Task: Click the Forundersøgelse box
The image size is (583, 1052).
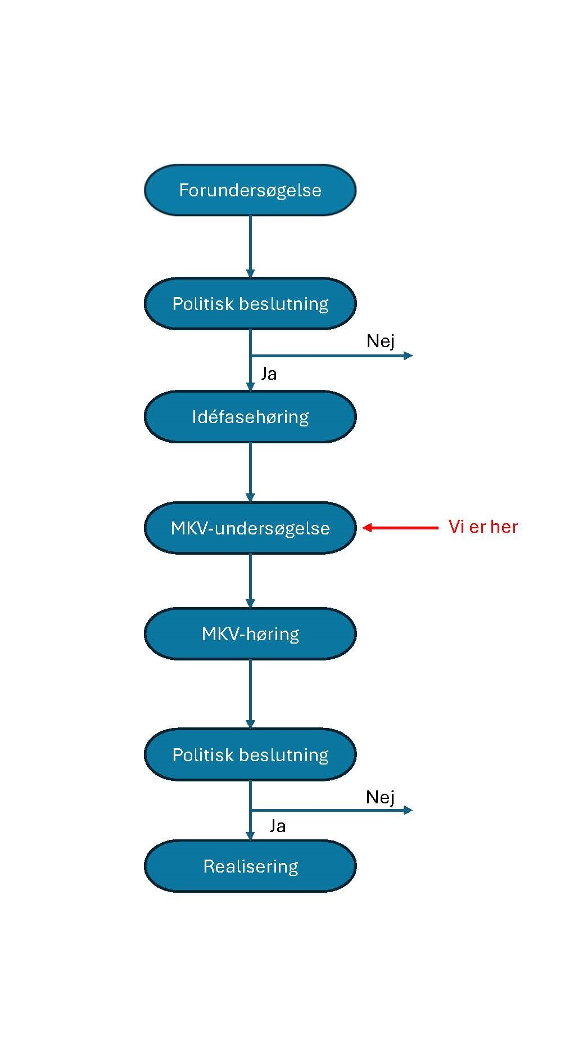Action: click(x=250, y=190)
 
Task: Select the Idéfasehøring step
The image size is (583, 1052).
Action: click(x=250, y=417)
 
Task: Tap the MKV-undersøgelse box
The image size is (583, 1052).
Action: click(x=250, y=528)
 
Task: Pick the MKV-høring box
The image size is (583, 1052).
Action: click(x=250, y=634)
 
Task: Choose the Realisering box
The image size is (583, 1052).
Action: click(x=250, y=866)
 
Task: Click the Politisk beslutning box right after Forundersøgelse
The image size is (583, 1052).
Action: click(x=250, y=304)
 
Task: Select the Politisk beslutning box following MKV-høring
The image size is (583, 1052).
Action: click(x=250, y=755)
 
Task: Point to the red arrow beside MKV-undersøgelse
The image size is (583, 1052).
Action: click(x=400, y=528)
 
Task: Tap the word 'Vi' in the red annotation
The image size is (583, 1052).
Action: click(x=456, y=527)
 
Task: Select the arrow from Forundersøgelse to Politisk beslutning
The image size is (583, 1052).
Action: click(x=250, y=246)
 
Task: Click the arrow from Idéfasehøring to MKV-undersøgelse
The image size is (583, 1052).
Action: click(x=250, y=472)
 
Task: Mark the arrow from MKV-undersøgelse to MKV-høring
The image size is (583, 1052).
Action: click(x=250, y=581)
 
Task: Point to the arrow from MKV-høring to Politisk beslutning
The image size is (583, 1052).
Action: click(x=250, y=694)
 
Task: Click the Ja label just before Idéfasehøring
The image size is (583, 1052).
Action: click(x=269, y=374)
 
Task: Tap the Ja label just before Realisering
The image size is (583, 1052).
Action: click(x=277, y=826)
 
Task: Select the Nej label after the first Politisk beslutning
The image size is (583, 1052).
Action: click(x=380, y=341)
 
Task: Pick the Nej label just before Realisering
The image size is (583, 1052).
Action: click(x=380, y=797)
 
